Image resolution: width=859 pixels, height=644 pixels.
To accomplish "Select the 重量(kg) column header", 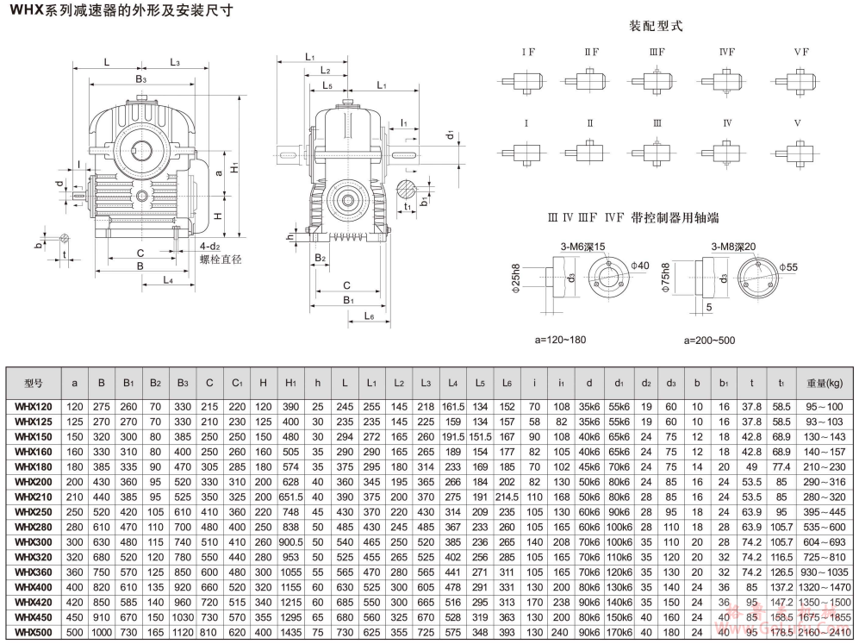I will [x=825, y=382].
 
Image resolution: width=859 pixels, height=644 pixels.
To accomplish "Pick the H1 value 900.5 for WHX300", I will [x=289, y=541].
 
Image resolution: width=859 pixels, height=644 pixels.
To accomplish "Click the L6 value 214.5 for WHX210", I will [x=507, y=497].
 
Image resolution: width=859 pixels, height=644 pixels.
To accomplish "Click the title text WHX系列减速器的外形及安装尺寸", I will [x=120, y=11].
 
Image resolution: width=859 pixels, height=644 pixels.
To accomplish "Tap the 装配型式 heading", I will [x=656, y=26].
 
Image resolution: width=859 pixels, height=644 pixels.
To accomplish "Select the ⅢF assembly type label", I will [x=657, y=53].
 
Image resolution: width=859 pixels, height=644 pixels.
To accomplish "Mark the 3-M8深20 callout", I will [x=733, y=247].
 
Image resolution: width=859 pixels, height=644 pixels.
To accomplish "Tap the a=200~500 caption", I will [x=710, y=340].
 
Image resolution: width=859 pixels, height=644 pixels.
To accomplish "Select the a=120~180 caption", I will [x=560, y=340].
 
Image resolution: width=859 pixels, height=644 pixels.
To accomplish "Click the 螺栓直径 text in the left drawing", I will [x=221, y=259].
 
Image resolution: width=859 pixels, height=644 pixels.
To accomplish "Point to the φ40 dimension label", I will [x=639, y=266].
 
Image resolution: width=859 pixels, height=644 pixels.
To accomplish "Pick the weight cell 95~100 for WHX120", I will [x=825, y=407].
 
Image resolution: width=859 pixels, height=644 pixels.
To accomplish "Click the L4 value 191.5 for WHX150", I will [x=453, y=437].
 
